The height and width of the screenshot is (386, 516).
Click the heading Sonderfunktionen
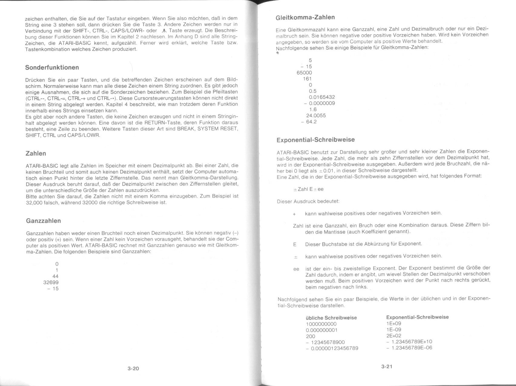[52, 68]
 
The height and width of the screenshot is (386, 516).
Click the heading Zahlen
[36, 153]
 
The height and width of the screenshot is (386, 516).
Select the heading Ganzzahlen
[44, 221]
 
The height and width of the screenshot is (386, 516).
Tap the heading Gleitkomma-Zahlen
[305, 17]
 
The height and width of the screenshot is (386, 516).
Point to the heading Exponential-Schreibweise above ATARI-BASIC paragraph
[316, 140]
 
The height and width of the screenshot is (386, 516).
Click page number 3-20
[133, 368]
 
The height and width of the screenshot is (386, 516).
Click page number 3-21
[387, 367]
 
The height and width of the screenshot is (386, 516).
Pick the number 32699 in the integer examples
[51, 282]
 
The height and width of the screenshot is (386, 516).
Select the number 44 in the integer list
[55, 276]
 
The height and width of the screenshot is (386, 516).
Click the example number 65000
[304, 73]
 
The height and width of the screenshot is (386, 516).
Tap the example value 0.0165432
[322, 97]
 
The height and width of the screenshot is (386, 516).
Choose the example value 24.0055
[316, 115]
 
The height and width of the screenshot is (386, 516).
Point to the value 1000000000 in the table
[321, 324]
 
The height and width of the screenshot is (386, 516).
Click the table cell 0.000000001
[321, 330]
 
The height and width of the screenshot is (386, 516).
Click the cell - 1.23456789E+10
[409, 341]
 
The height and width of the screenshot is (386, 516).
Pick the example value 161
[307, 79]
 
